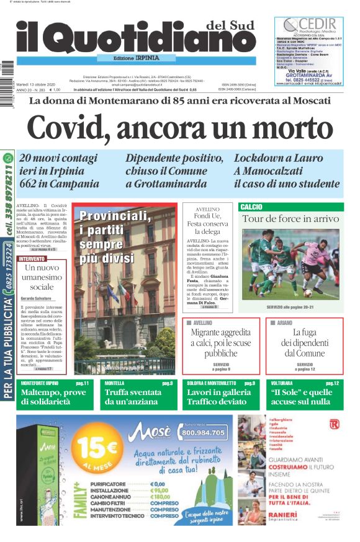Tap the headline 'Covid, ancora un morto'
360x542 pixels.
pos(180,128)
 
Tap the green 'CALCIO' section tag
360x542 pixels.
pos(251,207)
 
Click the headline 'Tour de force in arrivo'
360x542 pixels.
pos(290,219)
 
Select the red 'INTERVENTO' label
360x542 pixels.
pos(32,259)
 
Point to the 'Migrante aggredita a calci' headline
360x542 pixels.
pos(220,342)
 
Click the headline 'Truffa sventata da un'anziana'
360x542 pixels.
pos(132,397)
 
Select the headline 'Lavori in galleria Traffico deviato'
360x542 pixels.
pos(221,397)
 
